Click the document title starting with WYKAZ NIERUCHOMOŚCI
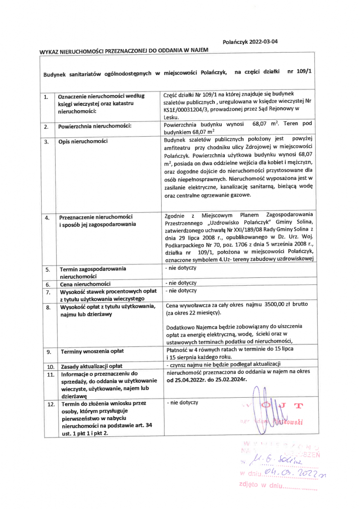pyautogui.click(x=124, y=51)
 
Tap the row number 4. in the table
pyautogui.click(x=46, y=218)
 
